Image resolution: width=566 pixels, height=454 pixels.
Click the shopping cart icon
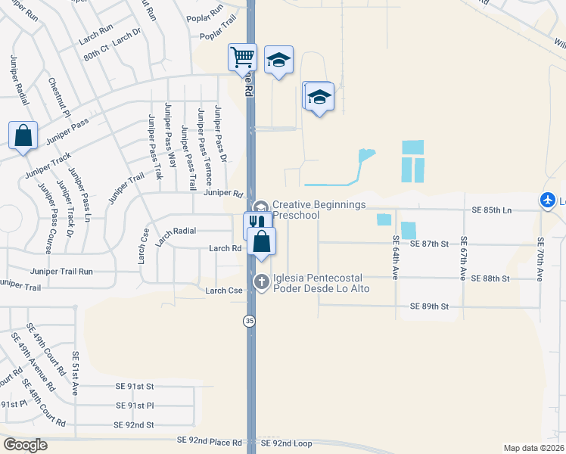243,57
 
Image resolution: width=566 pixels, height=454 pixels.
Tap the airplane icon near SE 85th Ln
548,201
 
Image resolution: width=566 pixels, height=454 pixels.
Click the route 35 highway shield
249,321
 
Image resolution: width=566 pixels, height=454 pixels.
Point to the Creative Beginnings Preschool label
319,210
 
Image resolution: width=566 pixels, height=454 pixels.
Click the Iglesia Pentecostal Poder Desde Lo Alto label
322,283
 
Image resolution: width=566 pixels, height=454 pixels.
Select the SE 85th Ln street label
492,209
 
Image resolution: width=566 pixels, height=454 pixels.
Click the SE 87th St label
430,244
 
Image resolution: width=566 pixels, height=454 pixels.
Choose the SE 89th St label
430,306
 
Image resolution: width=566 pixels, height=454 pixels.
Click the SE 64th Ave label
396,257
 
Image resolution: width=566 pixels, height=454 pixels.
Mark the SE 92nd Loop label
286,441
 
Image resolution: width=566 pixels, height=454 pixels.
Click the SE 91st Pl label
135,406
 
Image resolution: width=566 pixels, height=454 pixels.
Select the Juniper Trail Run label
61,271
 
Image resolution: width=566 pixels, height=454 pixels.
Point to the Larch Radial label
176,231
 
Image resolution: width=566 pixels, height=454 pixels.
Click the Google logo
25,445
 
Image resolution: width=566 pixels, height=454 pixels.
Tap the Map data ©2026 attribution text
533,448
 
